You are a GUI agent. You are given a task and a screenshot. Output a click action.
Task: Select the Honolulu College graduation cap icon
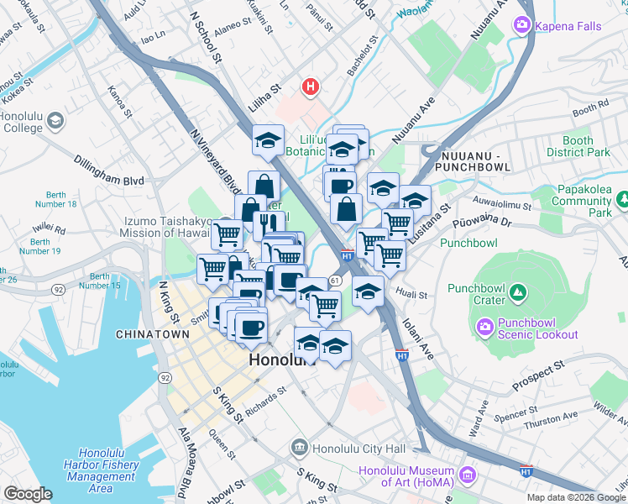click(x=56, y=121)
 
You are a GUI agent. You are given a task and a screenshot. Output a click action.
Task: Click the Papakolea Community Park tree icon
click(x=622, y=201)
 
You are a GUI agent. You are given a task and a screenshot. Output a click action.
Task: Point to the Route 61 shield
click(x=335, y=280)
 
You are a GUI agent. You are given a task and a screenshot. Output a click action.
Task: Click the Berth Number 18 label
click(x=56, y=199)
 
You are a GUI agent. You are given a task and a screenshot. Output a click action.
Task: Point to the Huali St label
click(x=412, y=296)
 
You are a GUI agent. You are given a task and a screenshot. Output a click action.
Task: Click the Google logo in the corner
click(x=27, y=494)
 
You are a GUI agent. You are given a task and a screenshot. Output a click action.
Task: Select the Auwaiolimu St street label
click(x=502, y=204)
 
